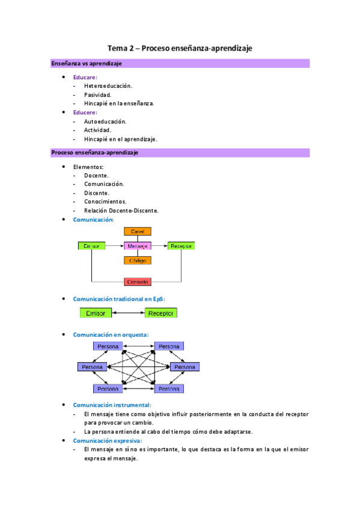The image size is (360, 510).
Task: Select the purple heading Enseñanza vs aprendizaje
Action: tap(87, 64)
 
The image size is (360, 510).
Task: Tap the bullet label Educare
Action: tap(85, 78)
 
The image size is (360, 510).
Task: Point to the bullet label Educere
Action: tap(85, 112)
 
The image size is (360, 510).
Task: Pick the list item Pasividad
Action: tap(97, 94)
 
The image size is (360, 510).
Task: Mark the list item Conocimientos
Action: tap(105, 202)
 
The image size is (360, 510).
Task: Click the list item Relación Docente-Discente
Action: tap(121, 210)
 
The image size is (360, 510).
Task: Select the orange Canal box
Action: tap(138, 231)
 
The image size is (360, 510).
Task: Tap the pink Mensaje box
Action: tap(138, 246)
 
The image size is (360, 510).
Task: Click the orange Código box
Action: tap(138, 260)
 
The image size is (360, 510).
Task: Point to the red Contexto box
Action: tap(138, 281)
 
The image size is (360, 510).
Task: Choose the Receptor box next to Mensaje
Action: tap(181, 246)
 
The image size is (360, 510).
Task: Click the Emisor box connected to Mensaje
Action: tap(92, 246)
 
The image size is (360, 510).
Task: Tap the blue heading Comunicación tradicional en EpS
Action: tap(118, 299)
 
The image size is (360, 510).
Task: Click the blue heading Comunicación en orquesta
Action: tap(111, 334)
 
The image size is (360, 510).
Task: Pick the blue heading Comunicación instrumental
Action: tap(112, 405)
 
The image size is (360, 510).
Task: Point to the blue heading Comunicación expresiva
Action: tap(107, 440)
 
